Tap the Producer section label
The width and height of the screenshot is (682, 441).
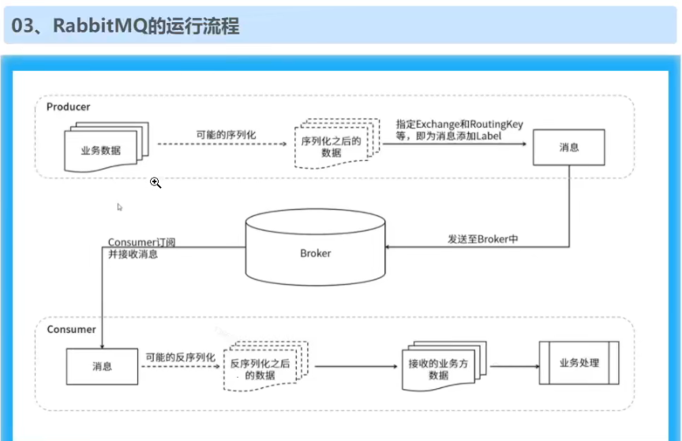(x=69, y=107)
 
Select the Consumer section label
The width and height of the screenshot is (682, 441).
(x=71, y=329)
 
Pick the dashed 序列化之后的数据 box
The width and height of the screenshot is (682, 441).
(x=332, y=145)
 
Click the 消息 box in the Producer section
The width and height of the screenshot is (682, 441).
(x=569, y=147)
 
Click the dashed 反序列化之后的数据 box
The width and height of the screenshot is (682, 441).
(x=260, y=368)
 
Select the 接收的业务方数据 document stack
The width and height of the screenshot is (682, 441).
(x=439, y=368)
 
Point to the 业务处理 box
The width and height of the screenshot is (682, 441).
(x=579, y=363)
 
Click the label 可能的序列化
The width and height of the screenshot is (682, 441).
(x=226, y=135)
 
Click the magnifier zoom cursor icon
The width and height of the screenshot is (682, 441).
(x=156, y=183)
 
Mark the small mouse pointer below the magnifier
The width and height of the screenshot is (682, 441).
(x=120, y=207)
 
